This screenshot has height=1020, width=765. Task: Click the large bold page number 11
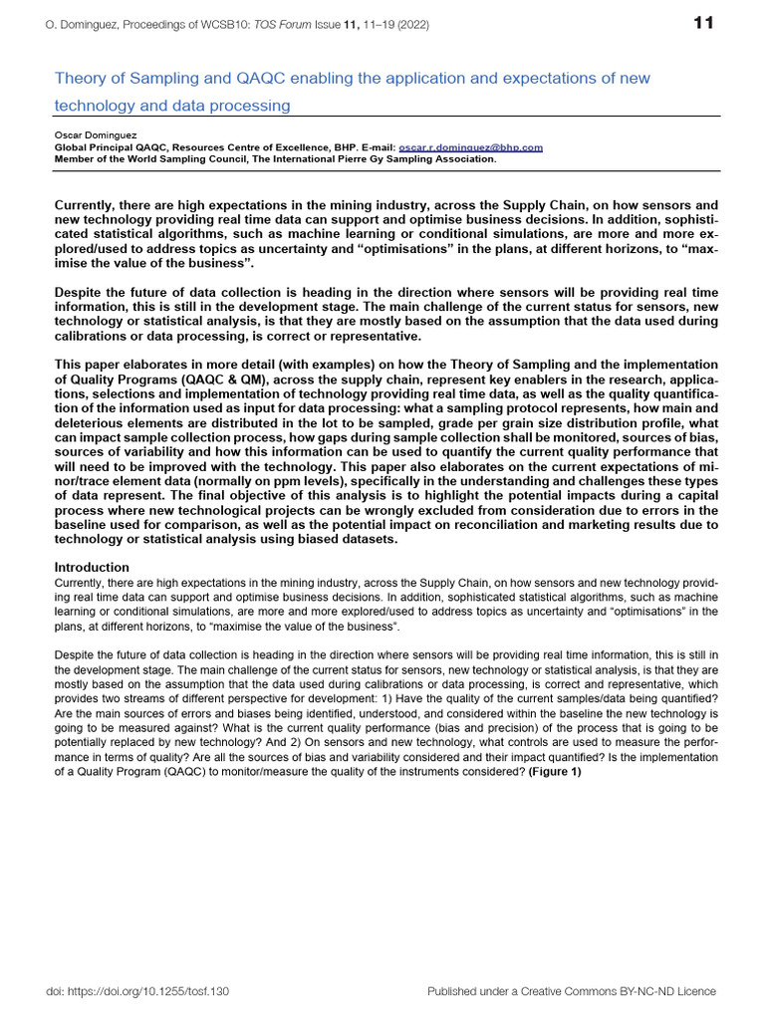pyautogui.click(x=703, y=24)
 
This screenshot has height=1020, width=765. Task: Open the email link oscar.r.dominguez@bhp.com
pyautogui.click(x=470, y=146)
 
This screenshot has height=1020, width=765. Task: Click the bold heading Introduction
pyautogui.click(x=92, y=567)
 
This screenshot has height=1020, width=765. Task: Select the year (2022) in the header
pyautogui.click(x=410, y=25)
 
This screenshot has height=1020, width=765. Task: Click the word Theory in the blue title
pyautogui.click(x=78, y=79)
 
